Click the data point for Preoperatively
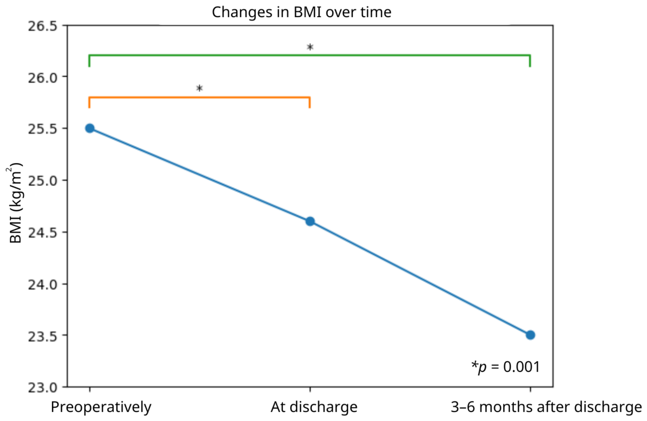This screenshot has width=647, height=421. click(x=90, y=128)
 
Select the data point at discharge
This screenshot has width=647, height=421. click(x=310, y=221)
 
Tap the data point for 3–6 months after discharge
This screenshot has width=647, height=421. click(x=530, y=335)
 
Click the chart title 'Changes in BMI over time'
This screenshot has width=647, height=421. click(x=301, y=12)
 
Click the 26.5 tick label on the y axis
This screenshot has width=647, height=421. click(x=42, y=26)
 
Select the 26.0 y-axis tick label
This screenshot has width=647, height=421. click(x=42, y=77)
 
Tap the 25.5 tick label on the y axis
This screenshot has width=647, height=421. click(x=42, y=129)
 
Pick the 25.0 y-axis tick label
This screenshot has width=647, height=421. click(x=42, y=181)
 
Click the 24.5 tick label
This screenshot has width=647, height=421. click(x=42, y=232)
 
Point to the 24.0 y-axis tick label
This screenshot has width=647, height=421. click(x=42, y=284)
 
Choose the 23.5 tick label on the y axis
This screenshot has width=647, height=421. click(x=42, y=336)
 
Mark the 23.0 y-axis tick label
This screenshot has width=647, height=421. click(x=42, y=387)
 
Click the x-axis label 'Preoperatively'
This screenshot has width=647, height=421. click(x=101, y=407)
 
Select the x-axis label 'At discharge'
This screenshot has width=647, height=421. click(x=314, y=407)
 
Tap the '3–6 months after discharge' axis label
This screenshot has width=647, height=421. click(x=546, y=407)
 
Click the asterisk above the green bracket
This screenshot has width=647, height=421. click(x=310, y=47)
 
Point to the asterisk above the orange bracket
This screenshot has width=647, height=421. click(x=199, y=88)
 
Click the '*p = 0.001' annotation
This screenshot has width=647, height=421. click(x=506, y=367)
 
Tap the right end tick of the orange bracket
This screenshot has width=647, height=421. click(x=310, y=102)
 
